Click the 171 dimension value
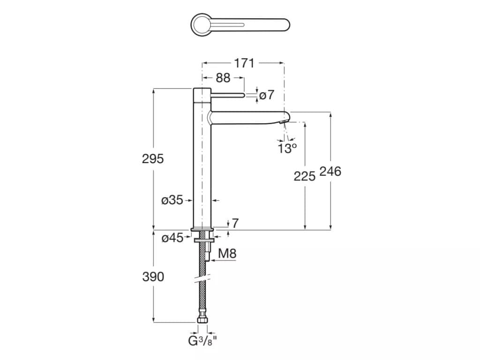pos(244,63)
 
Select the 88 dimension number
pos(223,78)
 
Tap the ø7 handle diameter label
pos(267,95)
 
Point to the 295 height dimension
pos(153,158)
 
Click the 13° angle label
pos(287,149)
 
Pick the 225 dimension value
pos(305,176)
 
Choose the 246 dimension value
pos(330,172)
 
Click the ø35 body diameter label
pos(172,201)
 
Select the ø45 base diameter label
pos(172,238)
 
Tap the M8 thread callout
pos(227,254)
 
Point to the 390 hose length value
pos(153,277)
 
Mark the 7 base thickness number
pos(235,223)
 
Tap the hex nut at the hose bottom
pos(202,320)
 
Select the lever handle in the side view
pos(227,95)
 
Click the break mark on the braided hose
pos(202,278)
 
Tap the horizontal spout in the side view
pos(248,118)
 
